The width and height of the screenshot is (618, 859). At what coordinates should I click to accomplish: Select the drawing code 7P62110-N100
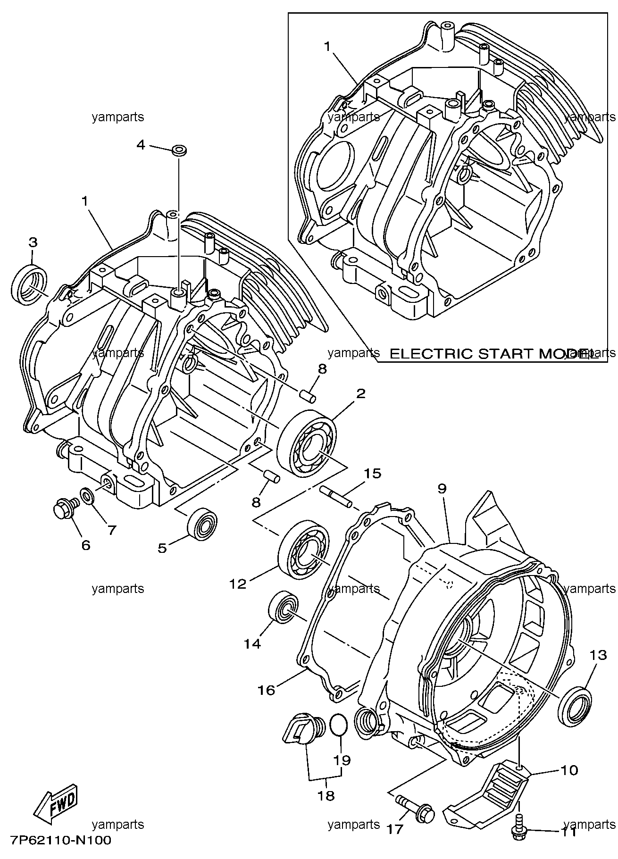click(60, 841)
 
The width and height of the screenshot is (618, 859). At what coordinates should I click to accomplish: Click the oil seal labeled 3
click(29, 286)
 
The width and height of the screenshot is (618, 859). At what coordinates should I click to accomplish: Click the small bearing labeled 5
click(203, 522)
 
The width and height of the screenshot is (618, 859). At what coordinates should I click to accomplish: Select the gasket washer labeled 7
click(87, 495)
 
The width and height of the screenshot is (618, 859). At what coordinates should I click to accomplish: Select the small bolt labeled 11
click(518, 832)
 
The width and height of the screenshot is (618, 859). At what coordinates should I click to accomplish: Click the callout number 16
click(266, 690)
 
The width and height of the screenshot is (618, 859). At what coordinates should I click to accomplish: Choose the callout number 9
click(441, 489)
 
